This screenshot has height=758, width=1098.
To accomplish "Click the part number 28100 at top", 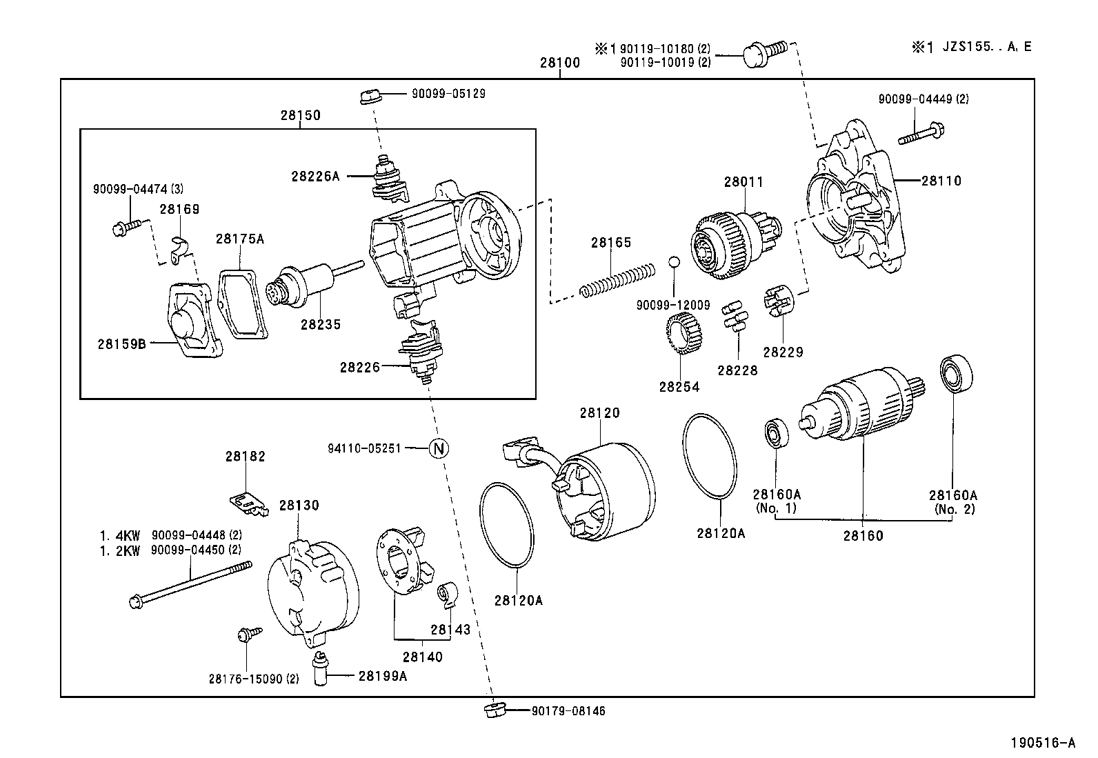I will [x=559, y=63].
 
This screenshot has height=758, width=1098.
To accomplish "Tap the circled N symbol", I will [x=439, y=448].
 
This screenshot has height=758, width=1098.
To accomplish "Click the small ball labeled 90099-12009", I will [x=674, y=262].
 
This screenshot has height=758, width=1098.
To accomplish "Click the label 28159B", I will [x=121, y=343].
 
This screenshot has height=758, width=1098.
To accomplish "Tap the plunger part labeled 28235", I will [x=303, y=284].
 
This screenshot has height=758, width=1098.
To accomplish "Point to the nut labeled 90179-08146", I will [x=495, y=710].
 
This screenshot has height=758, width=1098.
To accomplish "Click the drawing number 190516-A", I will [x=1043, y=743].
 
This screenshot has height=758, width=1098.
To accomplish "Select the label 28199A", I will [x=382, y=676].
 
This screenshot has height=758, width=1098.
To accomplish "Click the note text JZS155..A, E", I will [x=981, y=47].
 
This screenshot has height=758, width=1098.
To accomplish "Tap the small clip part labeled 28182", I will [x=246, y=503].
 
